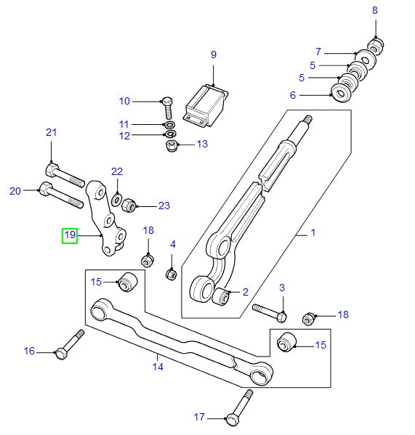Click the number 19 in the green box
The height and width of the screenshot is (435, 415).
click(70, 235)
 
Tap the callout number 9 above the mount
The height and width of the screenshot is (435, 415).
click(214, 54)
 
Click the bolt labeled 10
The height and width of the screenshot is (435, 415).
click(167, 107)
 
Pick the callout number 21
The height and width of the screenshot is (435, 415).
click(51, 132)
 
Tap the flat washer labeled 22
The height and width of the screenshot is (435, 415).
click(116, 198)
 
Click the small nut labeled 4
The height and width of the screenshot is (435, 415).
click(172, 275)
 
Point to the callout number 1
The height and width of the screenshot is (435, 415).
click(313, 234)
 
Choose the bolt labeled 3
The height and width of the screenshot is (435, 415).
click(270, 312)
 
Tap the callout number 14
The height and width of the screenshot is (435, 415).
click(157, 367)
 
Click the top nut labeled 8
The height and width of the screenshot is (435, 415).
click(376, 44)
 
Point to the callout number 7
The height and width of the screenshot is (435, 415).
click(318, 52)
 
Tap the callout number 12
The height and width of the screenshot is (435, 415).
click(124, 135)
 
